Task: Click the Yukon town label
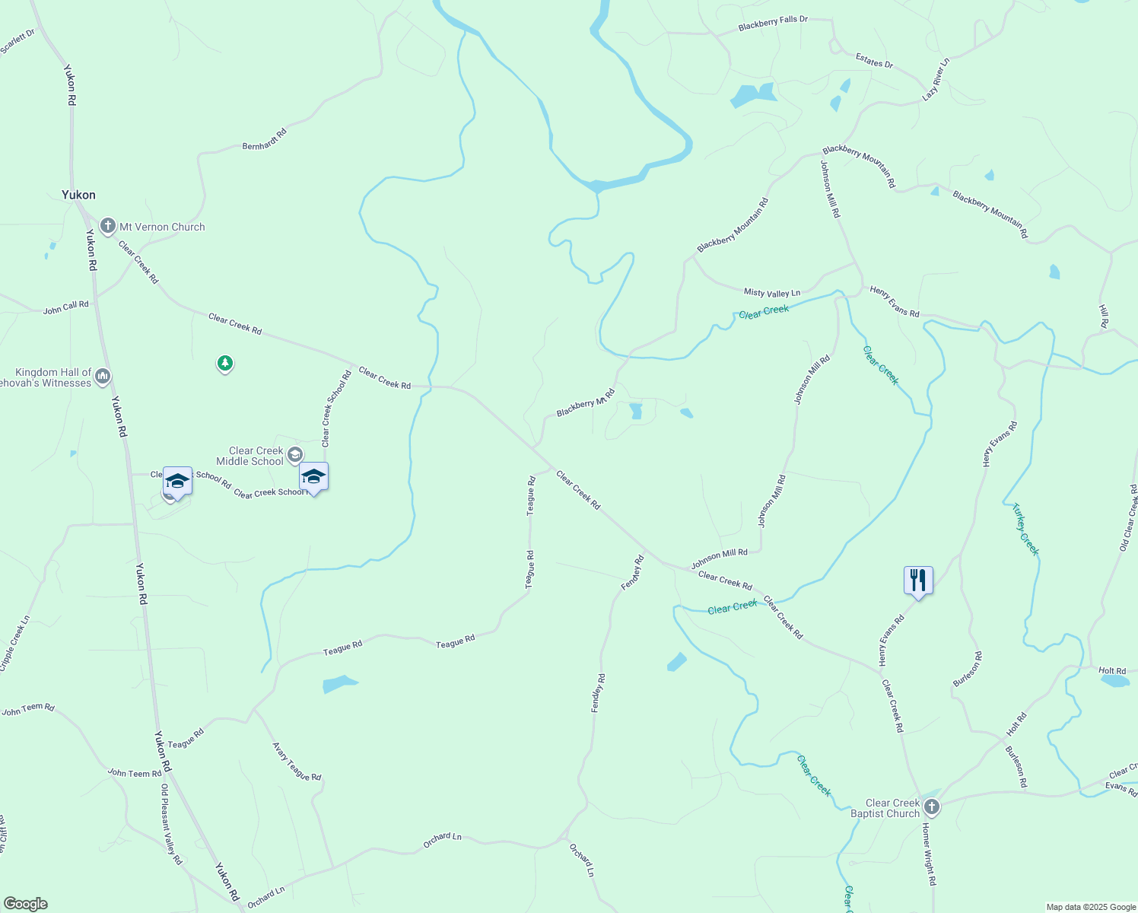(78, 195)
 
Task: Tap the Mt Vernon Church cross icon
(108, 226)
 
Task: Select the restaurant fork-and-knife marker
(918, 581)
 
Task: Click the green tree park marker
(224, 364)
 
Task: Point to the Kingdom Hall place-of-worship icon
(103, 377)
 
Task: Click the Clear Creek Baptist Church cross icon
(932, 807)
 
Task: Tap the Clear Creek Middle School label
(250, 456)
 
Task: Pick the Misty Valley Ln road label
(771, 293)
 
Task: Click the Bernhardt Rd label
(265, 139)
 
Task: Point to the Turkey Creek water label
(1025, 529)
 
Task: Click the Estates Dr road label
(874, 60)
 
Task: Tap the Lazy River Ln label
(936, 79)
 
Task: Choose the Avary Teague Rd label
(297, 762)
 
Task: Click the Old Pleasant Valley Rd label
(171, 825)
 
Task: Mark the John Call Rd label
(65, 307)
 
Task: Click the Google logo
(25, 904)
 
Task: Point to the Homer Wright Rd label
(929, 854)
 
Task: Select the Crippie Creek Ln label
(14, 644)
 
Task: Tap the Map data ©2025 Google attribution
(1091, 907)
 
